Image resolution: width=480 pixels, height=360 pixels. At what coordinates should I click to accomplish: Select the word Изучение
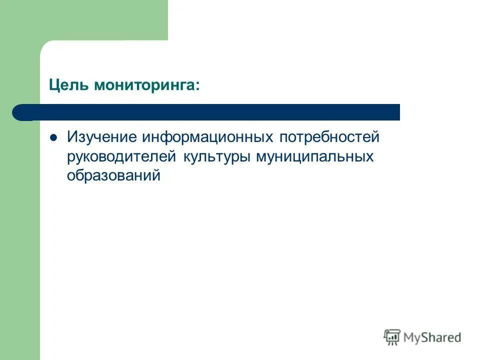click(x=103, y=137)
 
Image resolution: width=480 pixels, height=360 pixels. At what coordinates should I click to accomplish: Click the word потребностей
click(x=329, y=137)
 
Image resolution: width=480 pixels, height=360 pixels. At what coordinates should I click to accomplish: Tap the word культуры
click(x=217, y=157)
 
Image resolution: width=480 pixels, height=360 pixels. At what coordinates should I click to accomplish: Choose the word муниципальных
click(x=315, y=157)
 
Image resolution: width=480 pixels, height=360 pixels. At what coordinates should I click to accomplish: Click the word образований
click(x=114, y=176)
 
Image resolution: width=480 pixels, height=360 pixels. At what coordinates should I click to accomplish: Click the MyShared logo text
click(x=432, y=337)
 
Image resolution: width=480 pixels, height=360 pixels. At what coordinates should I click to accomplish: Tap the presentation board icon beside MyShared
click(x=392, y=337)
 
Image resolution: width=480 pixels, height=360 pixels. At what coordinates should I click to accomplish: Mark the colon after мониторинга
click(x=197, y=86)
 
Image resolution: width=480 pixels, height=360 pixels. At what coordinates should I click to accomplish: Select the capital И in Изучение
click(x=72, y=137)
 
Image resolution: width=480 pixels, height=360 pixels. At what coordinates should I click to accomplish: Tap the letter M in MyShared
click(x=410, y=337)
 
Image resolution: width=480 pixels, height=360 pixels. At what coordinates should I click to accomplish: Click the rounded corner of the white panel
click(x=46, y=46)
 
